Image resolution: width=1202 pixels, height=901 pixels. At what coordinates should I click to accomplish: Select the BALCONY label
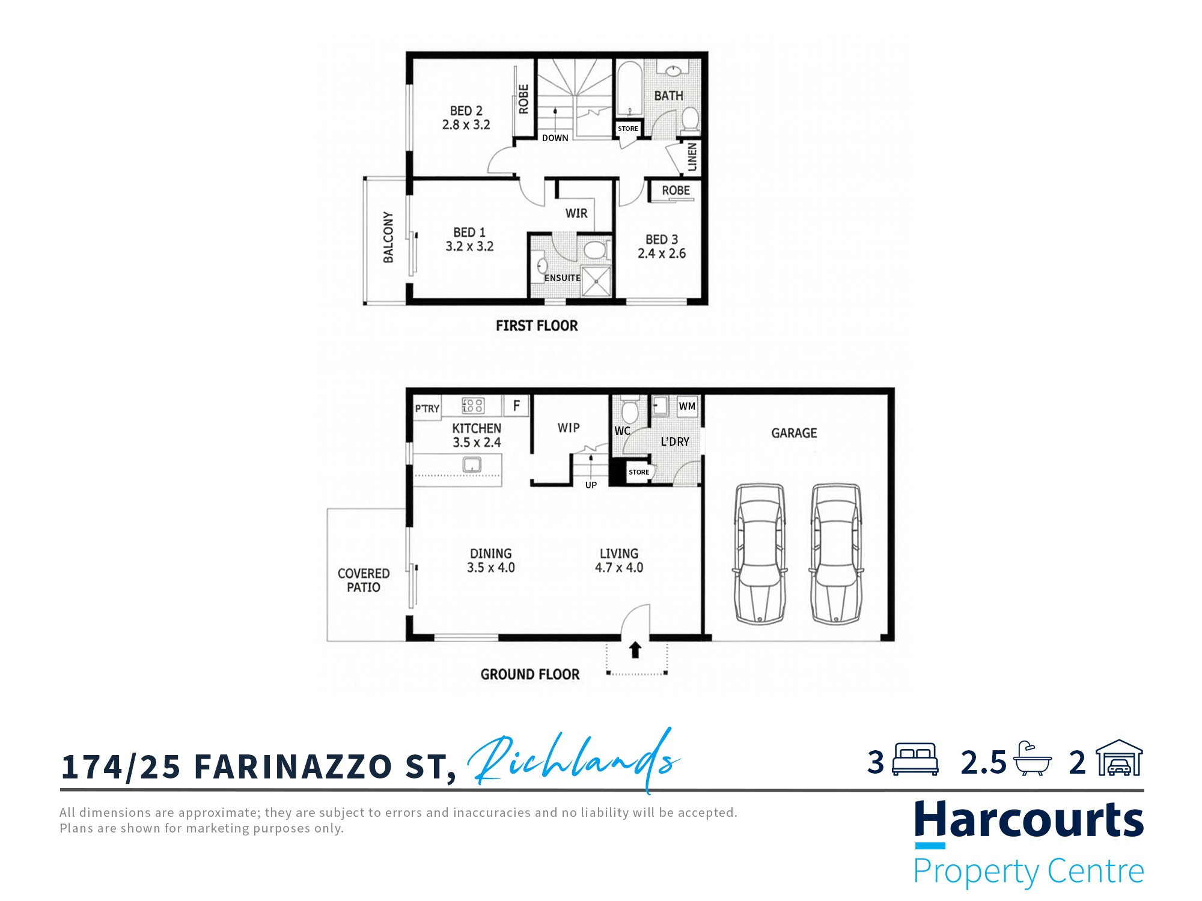pos(388,237)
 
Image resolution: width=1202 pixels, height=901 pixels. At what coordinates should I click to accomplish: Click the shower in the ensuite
pos(596,281)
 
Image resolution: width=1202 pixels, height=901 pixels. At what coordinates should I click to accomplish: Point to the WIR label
pos(576,213)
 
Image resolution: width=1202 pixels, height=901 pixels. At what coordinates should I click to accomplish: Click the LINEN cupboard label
pos(692,157)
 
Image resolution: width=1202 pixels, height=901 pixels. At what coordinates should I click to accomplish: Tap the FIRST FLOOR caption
pos(537,326)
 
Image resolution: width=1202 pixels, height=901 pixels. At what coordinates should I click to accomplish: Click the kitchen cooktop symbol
pos(473,405)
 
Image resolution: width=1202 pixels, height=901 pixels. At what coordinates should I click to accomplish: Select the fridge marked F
pos(516,405)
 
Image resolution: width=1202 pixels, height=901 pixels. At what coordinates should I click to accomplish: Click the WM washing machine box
pos(687,406)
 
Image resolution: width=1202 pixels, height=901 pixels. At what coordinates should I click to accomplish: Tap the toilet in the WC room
pos(629,410)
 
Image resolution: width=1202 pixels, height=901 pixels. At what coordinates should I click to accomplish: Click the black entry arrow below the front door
pos(635,650)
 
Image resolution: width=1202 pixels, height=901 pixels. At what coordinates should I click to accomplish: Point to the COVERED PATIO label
pos(364,580)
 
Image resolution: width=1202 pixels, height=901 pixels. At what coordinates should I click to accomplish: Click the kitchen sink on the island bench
pos(472,464)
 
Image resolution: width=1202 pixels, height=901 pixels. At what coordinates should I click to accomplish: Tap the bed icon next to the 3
pos(915,759)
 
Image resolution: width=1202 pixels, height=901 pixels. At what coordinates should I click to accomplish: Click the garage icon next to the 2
pos(1119,758)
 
